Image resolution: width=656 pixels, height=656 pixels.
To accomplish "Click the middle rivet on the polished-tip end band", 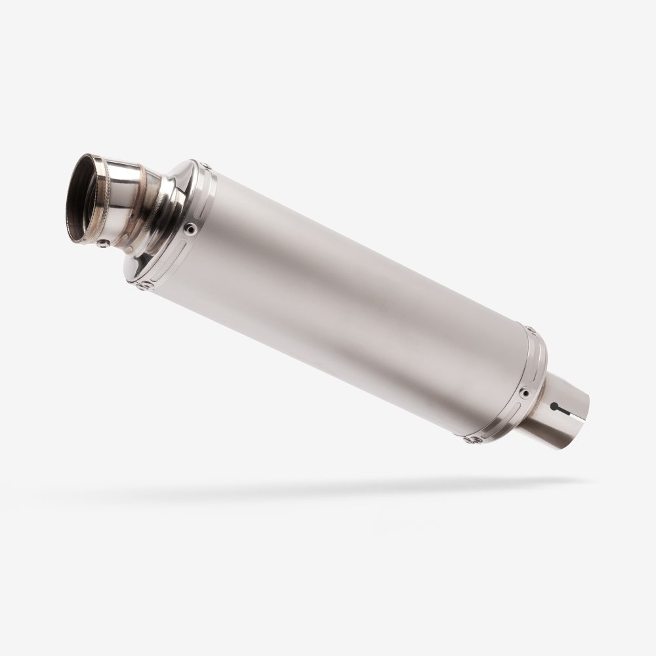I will pos(190,228).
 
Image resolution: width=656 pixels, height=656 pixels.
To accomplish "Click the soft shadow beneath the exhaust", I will pos(328,489).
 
